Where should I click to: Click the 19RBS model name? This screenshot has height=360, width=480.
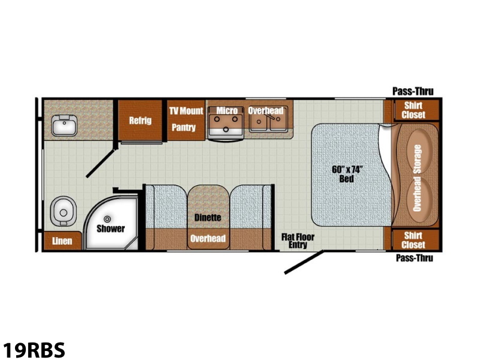click(34, 350)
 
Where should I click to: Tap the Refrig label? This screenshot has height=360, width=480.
click(140, 121)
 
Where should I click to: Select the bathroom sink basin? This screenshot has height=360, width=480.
click(64, 125)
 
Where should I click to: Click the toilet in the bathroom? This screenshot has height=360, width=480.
click(64, 211)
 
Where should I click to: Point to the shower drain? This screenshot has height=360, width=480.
click(107, 219)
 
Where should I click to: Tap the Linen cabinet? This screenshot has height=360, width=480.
click(62, 241)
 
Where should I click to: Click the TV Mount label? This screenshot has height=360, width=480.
click(186, 110)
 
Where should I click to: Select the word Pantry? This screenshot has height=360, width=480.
click(184, 127)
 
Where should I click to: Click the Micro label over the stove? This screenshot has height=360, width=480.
click(227, 110)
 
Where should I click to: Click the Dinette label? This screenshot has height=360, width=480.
click(208, 218)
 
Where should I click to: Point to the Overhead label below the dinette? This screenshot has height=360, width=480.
click(208, 238)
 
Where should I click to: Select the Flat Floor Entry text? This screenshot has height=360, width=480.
click(298, 241)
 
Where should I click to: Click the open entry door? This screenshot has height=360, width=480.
click(304, 262)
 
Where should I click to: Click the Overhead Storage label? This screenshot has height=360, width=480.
click(417, 178)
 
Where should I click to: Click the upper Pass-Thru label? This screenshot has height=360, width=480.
click(413, 91)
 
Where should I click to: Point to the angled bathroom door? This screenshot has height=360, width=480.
click(101, 163)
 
